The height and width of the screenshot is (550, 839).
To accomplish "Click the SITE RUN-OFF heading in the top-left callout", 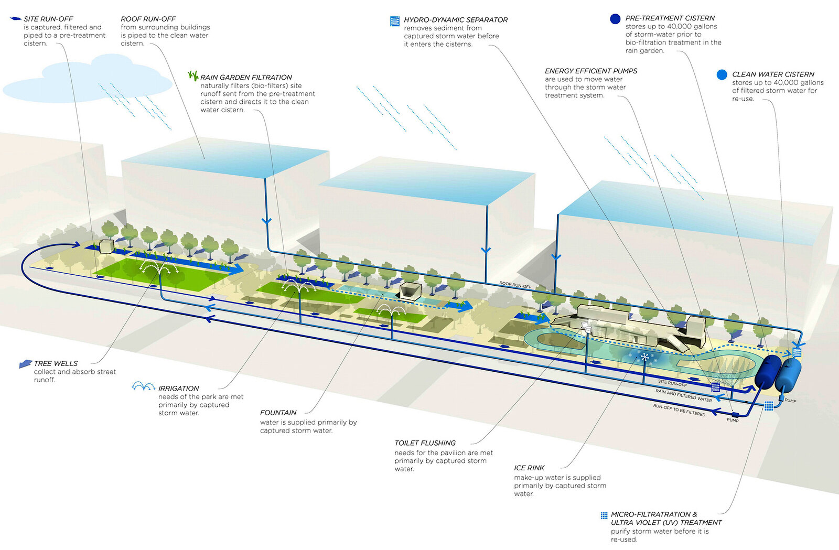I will [x=48, y=19].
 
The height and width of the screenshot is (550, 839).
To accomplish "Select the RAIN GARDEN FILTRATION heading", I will [x=246, y=77].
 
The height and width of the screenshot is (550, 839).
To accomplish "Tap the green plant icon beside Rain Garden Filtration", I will [x=193, y=76].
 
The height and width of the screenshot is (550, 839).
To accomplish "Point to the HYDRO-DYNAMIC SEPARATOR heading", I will [x=455, y=20].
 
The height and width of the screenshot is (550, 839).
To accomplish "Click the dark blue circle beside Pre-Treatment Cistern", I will [x=615, y=19].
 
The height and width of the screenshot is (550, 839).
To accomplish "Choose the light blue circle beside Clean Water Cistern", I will [x=722, y=74].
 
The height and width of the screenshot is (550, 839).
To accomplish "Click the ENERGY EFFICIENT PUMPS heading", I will [x=591, y=71].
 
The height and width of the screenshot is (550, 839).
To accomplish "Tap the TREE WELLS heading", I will [x=56, y=363].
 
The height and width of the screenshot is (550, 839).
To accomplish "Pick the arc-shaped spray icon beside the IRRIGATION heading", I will [x=143, y=386].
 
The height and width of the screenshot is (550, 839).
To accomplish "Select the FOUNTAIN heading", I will [x=278, y=413].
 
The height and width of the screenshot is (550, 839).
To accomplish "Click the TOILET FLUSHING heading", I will [x=425, y=443].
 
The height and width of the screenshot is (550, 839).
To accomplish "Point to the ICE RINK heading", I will [x=529, y=468].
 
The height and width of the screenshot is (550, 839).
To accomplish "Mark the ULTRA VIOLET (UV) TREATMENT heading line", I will [x=666, y=522].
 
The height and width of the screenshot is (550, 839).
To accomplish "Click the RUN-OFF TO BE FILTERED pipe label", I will [x=679, y=409].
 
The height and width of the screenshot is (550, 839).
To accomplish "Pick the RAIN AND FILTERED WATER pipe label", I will [x=683, y=395].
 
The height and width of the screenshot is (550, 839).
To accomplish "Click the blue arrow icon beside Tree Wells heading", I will [x=25, y=363].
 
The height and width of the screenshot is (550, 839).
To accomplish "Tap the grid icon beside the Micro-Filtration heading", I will [x=604, y=515].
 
